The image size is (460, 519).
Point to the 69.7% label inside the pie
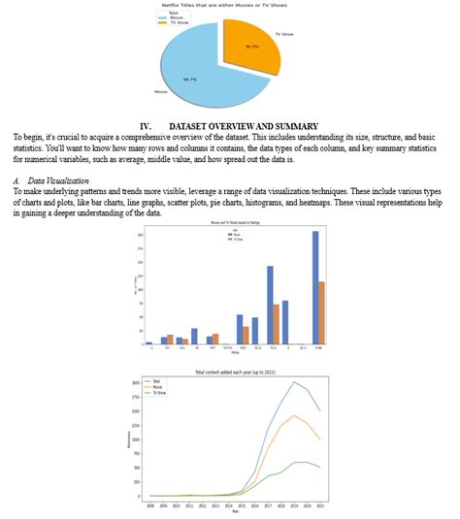(x=189, y=80)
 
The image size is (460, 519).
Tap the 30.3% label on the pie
(x=251, y=46)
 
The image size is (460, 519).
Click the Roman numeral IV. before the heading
(x=147, y=126)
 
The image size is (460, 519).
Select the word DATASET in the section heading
(x=191, y=126)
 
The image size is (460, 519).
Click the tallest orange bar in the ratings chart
(x=321, y=312)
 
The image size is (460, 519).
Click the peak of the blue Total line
(x=295, y=382)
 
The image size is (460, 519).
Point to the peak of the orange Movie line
(x=295, y=415)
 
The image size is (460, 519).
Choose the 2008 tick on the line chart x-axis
(x=150, y=505)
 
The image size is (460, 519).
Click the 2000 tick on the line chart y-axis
(x=136, y=382)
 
